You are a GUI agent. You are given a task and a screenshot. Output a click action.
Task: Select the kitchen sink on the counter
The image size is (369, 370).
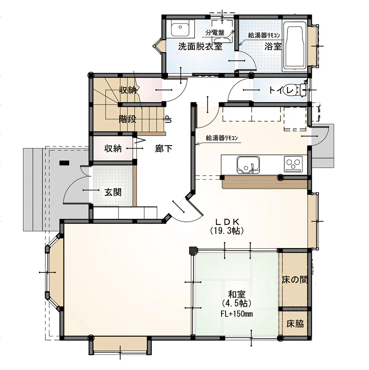click(248, 165)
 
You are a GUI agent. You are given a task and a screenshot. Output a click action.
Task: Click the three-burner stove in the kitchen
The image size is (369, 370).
click(293, 163)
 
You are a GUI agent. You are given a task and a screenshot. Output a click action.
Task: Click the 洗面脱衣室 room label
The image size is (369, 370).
click(200, 46)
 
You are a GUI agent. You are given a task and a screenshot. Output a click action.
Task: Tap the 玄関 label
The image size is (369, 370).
click(113, 192)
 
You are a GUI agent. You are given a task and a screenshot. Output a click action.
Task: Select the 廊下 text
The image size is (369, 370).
click(163, 149)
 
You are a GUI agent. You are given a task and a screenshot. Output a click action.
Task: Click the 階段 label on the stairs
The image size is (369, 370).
click(127, 119)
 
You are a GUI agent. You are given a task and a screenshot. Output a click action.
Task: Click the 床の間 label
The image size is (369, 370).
click(295, 280)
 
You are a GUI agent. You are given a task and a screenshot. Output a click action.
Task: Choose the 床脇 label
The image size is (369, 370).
click(295, 324)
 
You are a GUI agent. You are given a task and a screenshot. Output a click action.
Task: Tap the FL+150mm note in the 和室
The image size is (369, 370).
click(237, 314)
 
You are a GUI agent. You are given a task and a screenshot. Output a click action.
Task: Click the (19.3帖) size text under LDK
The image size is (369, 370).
click(227, 230)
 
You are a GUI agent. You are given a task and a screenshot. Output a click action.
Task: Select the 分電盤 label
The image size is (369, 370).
click(215, 33)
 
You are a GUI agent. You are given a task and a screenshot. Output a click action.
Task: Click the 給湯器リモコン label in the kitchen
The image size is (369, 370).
click(222, 138)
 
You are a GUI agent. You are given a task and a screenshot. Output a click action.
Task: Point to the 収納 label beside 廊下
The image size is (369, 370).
click(113, 149)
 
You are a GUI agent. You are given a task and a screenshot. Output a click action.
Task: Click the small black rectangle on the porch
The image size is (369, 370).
click(64, 163)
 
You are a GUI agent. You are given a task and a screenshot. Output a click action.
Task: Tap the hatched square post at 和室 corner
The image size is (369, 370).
click(193, 251)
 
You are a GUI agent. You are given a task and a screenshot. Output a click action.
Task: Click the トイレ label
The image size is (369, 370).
click(281, 90)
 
